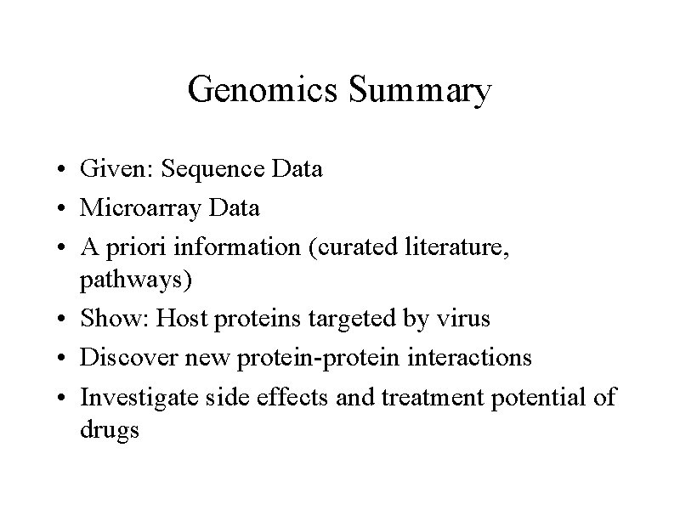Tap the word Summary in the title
419,90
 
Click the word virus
462,319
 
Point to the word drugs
110,430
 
